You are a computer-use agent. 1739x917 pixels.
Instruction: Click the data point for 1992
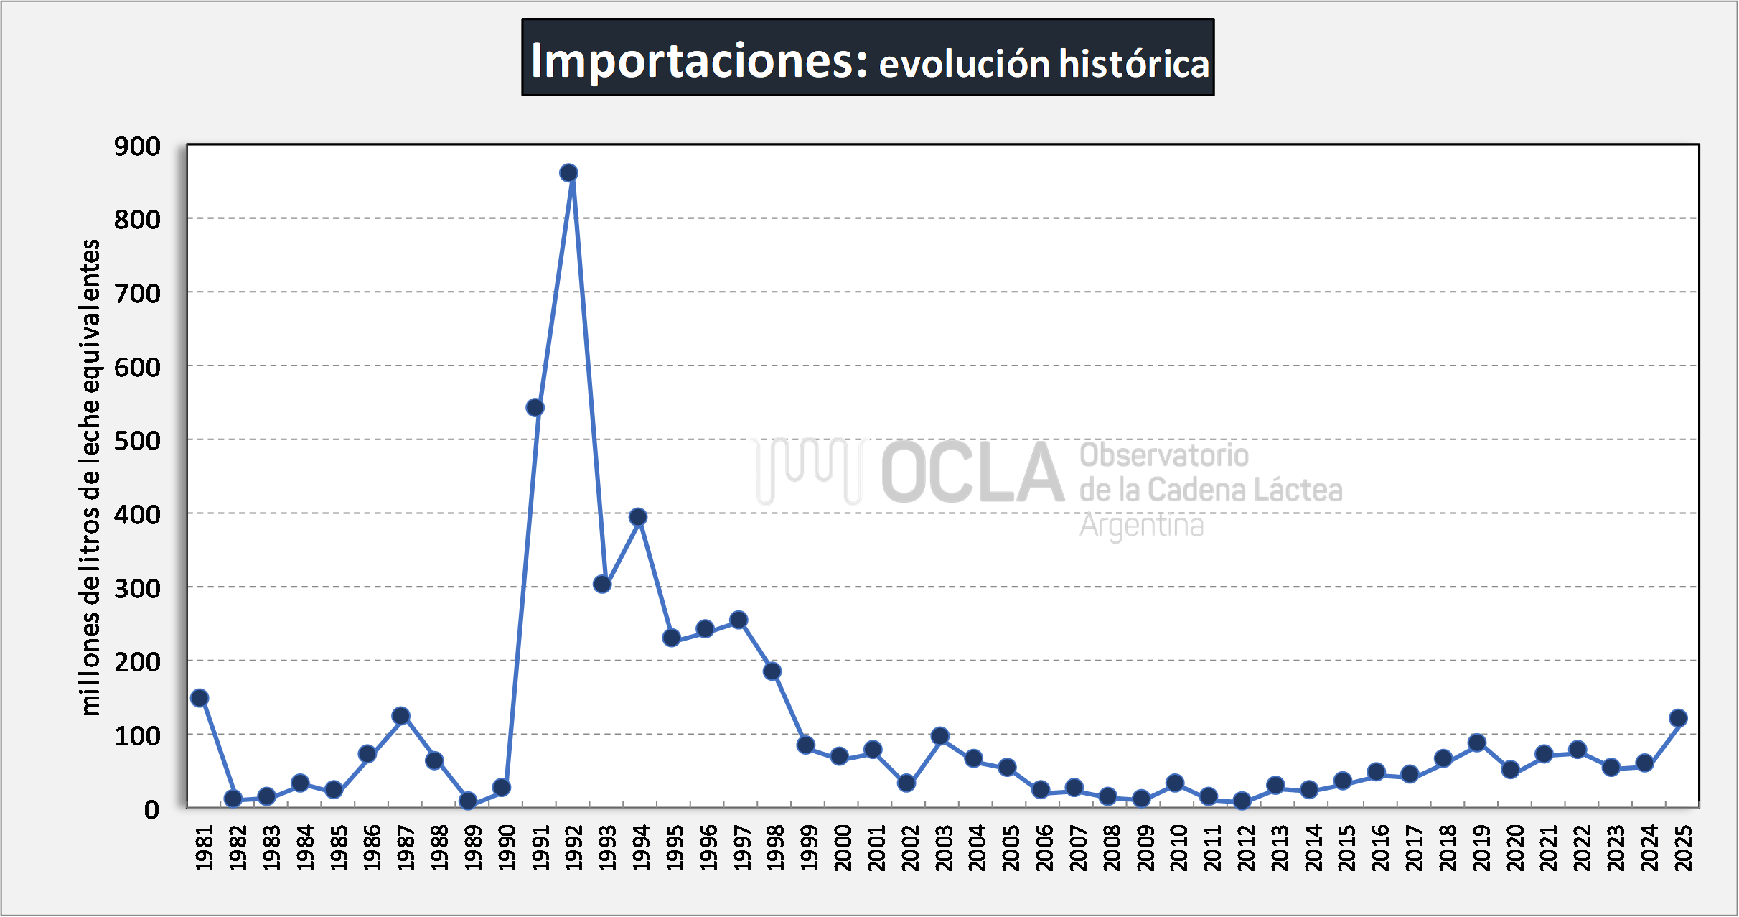tap(568, 173)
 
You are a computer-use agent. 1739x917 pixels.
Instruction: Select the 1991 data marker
tap(535, 408)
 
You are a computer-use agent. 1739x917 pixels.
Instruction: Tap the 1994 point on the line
tap(638, 517)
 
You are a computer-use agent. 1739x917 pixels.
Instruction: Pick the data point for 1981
tap(200, 698)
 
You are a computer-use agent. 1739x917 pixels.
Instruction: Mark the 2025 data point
tap(1678, 718)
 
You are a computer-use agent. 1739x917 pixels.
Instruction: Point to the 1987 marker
tap(401, 716)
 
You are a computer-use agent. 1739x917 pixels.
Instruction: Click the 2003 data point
tap(940, 736)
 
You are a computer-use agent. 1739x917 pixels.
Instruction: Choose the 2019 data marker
tap(1477, 743)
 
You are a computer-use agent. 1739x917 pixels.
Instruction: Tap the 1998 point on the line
tap(772, 671)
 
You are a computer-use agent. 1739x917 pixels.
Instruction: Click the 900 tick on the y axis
tap(137, 146)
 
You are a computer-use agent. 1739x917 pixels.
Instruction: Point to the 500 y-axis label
tap(137, 441)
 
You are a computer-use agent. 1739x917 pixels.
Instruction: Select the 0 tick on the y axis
tap(151, 810)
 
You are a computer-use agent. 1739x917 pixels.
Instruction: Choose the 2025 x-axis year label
tap(1683, 847)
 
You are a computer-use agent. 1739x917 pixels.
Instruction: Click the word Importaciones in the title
tap(700, 60)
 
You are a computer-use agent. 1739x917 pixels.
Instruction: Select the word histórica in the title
tap(1134, 63)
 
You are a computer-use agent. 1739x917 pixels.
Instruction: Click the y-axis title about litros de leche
tap(90, 478)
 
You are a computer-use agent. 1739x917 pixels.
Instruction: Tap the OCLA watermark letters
tap(972, 473)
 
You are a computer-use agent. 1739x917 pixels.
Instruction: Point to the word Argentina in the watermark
tap(1141, 525)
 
